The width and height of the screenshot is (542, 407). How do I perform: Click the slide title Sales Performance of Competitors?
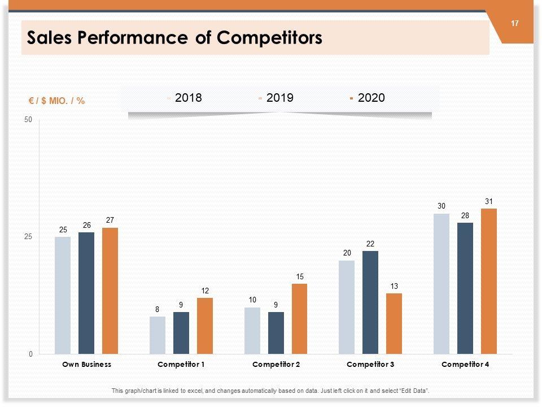[x=175, y=38]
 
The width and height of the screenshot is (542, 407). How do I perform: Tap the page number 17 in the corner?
[x=514, y=24]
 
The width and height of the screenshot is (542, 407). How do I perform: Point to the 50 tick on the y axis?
[x=28, y=120]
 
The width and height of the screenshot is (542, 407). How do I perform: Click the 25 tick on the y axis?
[x=28, y=237]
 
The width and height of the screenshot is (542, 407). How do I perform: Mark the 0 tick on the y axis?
[x=30, y=354]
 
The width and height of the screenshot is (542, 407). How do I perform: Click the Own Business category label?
[x=86, y=365]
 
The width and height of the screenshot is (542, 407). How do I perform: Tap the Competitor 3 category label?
[x=370, y=365]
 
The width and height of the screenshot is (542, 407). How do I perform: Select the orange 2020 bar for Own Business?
[x=110, y=291]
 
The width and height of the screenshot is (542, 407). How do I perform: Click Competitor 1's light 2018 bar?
[x=158, y=335]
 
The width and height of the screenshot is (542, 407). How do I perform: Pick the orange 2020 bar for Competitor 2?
[x=299, y=319]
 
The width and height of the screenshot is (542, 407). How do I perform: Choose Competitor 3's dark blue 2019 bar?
[x=370, y=302]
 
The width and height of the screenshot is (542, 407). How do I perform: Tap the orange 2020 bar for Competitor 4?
[x=488, y=282]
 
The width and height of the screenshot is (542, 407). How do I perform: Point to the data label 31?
[x=488, y=201]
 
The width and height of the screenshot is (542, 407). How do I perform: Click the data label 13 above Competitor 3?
[x=394, y=286]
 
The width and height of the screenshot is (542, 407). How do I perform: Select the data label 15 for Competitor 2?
[x=299, y=276]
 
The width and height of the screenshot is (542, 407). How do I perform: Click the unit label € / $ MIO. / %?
[x=56, y=101]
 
